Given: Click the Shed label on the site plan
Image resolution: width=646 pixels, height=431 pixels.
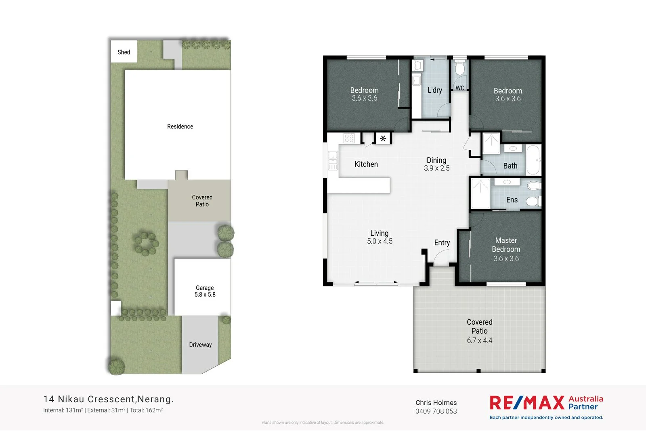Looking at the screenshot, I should [x=124, y=52].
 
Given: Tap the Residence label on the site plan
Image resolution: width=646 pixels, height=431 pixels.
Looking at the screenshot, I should [x=180, y=126].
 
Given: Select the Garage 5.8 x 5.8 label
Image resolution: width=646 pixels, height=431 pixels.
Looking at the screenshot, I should [x=205, y=291].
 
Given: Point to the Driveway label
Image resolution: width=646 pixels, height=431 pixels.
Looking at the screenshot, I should [x=200, y=345].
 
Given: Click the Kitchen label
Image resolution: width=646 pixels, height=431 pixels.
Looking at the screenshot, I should [x=366, y=164].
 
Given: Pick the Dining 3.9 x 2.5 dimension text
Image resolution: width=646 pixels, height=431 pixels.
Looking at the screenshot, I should [x=436, y=168].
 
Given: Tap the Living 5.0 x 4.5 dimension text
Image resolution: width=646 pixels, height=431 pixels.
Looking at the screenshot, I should [x=380, y=241].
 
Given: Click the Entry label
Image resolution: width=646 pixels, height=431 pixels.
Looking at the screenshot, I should [x=442, y=242].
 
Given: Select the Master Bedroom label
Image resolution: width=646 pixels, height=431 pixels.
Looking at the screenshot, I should [x=506, y=245].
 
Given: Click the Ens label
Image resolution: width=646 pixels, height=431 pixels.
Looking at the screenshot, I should [x=512, y=200].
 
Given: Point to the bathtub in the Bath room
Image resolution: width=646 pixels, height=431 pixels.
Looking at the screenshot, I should [x=533, y=160].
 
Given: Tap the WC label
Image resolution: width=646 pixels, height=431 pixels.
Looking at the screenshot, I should [x=460, y=88].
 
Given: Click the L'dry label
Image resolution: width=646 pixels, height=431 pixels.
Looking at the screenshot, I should [x=435, y=90].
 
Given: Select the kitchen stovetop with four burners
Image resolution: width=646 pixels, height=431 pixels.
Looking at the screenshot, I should [x=349, y=139].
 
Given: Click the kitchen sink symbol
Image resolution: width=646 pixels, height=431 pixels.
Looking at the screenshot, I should [x=333, y=160].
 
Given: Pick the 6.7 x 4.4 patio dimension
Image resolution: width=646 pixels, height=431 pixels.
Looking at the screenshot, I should [x=480, y=341].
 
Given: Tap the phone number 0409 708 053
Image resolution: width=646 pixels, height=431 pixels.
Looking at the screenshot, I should [x=436, y=411].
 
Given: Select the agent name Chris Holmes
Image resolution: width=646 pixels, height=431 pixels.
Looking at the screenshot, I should [x=436, y=402].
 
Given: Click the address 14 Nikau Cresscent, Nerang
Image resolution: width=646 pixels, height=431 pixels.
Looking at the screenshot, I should [x=108, y=399].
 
